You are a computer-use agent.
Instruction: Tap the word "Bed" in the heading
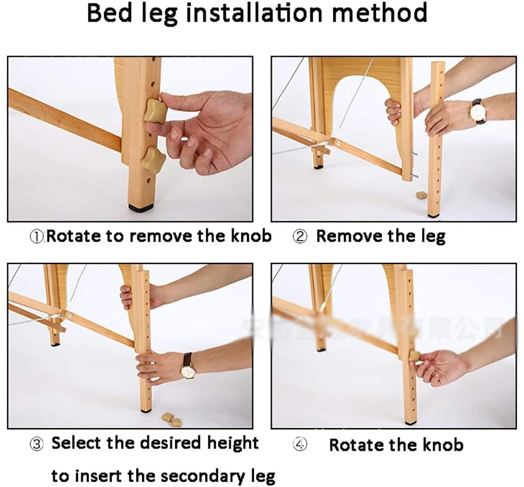click(x=109, y=13)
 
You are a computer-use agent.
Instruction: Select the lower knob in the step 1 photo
click(x=153, y=158)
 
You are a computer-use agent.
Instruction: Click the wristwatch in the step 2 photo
click(x=478, y=112)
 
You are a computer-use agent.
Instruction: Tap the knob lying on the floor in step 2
click(x=421, y=195)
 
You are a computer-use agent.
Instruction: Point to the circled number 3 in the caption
click(x=36, y=444)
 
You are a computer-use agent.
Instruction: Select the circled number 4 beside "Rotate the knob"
click(x=299, y=445)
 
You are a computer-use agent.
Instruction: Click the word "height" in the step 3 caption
click(x=233, y=443)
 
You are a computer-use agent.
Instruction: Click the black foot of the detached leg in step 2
click(x=433, y=215)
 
